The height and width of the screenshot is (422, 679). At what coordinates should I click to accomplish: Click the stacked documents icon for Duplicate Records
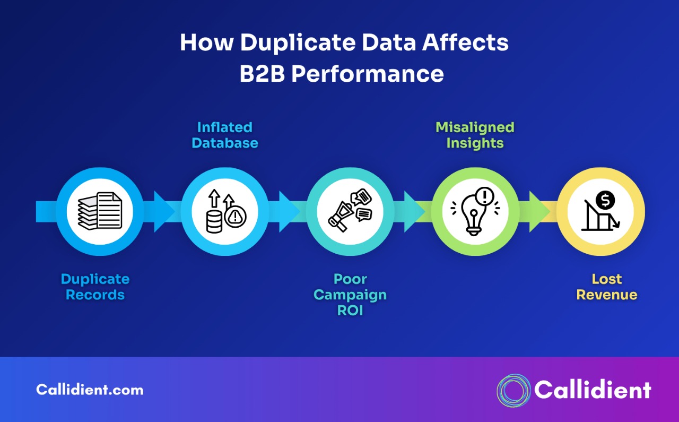100,211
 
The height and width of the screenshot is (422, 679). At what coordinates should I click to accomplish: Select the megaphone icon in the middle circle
350,211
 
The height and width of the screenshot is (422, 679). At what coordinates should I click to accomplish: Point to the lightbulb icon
474,212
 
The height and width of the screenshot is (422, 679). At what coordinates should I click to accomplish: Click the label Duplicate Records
95,287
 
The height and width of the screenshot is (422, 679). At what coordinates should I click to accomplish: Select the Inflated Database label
225,135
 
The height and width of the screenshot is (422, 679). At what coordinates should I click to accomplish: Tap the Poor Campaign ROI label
350,295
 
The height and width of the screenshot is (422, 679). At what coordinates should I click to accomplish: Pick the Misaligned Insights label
475,135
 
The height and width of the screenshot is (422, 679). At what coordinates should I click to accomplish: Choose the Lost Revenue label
607,287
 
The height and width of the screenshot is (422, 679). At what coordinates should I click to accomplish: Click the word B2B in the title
262,74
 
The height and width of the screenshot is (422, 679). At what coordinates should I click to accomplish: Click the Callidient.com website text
90,390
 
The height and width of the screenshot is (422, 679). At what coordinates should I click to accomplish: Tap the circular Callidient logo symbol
513,390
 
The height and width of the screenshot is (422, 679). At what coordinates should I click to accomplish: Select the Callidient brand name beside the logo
593,390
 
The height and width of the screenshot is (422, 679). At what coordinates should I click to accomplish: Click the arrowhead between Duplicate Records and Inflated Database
163,211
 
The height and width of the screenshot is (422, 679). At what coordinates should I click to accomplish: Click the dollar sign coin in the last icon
605,200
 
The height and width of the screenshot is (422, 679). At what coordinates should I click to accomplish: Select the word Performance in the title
368,74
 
